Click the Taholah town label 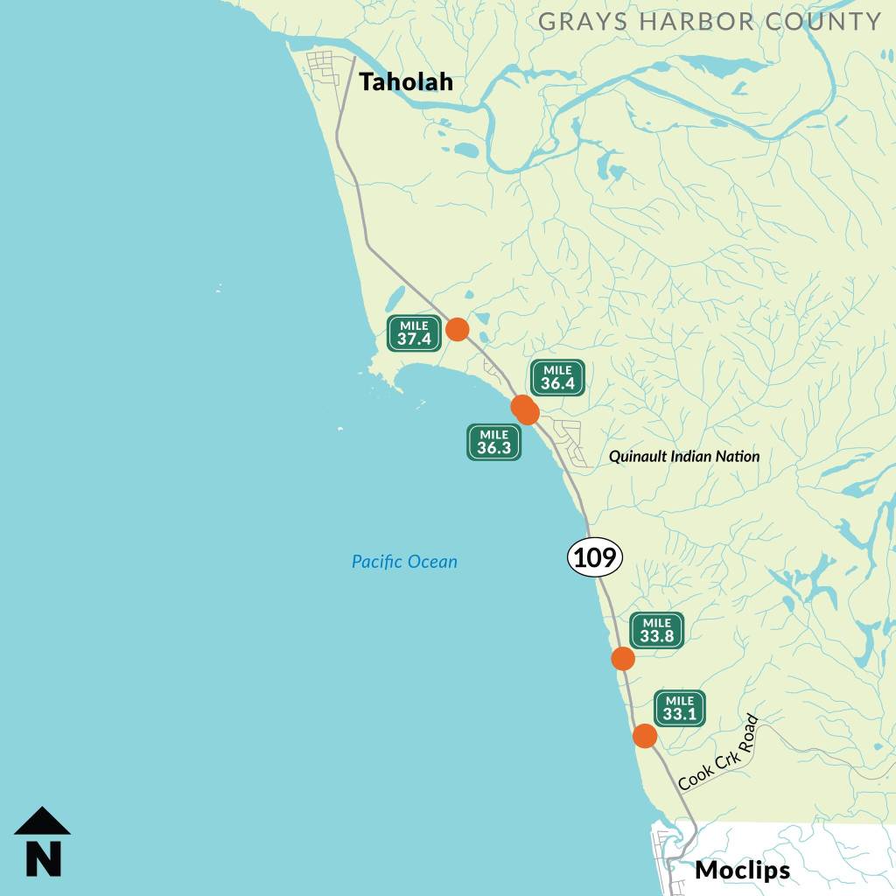coord(406,82)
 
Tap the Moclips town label coord(742,871)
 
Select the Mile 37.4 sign coord(414,333)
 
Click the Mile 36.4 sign coord(557,378)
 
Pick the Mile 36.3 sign coord(493,442)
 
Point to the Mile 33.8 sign coord(656,630)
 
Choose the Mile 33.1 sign coord(679,708)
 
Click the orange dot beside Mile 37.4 coord(457,329)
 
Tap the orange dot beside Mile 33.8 coord(622,659)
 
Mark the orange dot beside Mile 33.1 coord(645,736)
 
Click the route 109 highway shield coord(595,557)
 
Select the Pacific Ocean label coord(404,562)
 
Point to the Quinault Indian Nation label coord(684,457)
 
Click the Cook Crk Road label coord(718,753)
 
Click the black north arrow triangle coord(42,822)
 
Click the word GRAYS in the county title coord(577,21)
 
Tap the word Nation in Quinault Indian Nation coord(738,457)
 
